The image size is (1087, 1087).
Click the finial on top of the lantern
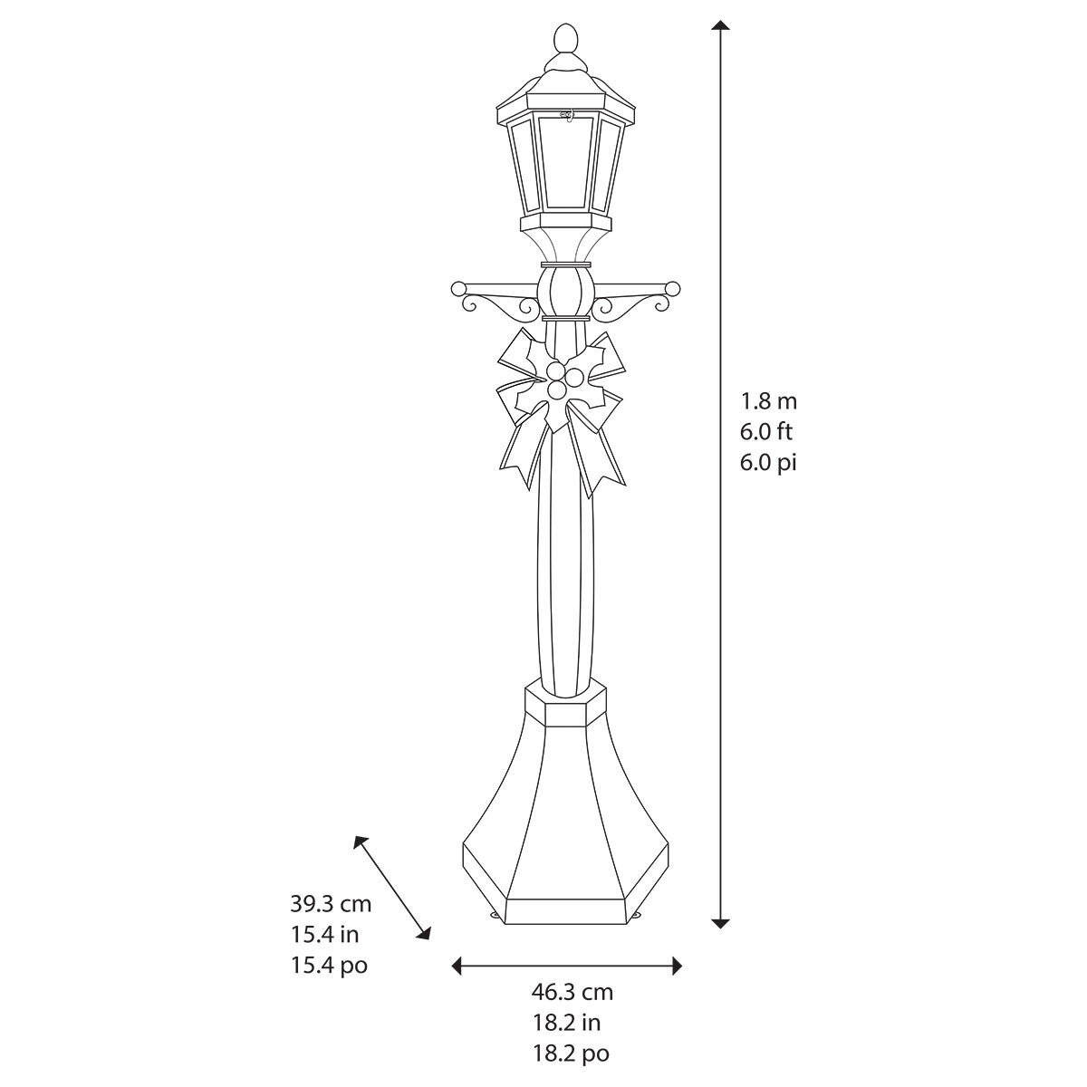point(563,40)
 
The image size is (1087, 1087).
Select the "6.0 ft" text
point(766,431)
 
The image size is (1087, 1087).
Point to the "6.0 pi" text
point(768,462)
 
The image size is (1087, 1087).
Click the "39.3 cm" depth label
point(331,903)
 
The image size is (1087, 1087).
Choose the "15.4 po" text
point(329,965)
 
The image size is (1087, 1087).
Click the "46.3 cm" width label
point(572,992)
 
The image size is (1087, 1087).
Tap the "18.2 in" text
point(566,1023)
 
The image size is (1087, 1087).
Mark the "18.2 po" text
point(570,1053)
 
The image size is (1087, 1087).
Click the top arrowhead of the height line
point(720,25)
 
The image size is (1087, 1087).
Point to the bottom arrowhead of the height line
point(720,922)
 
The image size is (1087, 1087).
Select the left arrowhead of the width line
point(457,967)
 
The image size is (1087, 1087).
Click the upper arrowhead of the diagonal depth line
point(361,841)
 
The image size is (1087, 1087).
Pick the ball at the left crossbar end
point(457,289)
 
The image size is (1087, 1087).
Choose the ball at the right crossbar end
point(672,289)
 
